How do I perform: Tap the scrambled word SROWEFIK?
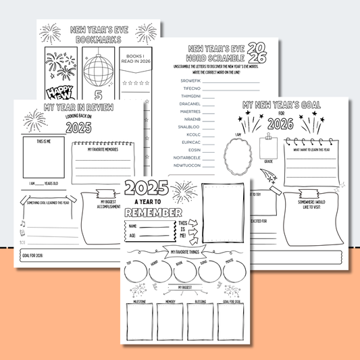[192, 80]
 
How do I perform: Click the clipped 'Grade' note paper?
[269, 148]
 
